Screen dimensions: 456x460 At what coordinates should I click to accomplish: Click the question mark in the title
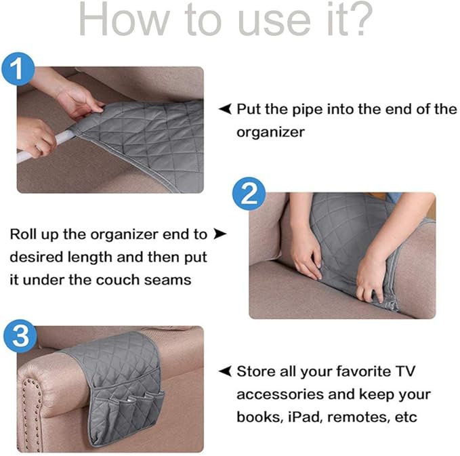click(x=358, y=21)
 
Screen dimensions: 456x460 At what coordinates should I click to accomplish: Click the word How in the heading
click(x=118, y=21)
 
